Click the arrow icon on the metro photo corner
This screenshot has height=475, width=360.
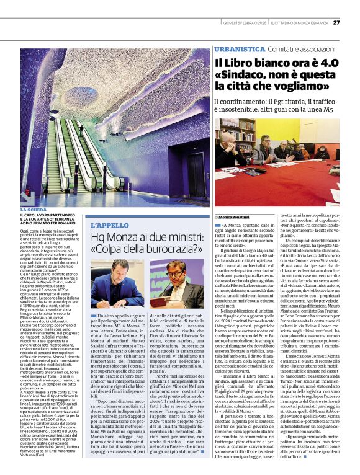click(x=27, y=198)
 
